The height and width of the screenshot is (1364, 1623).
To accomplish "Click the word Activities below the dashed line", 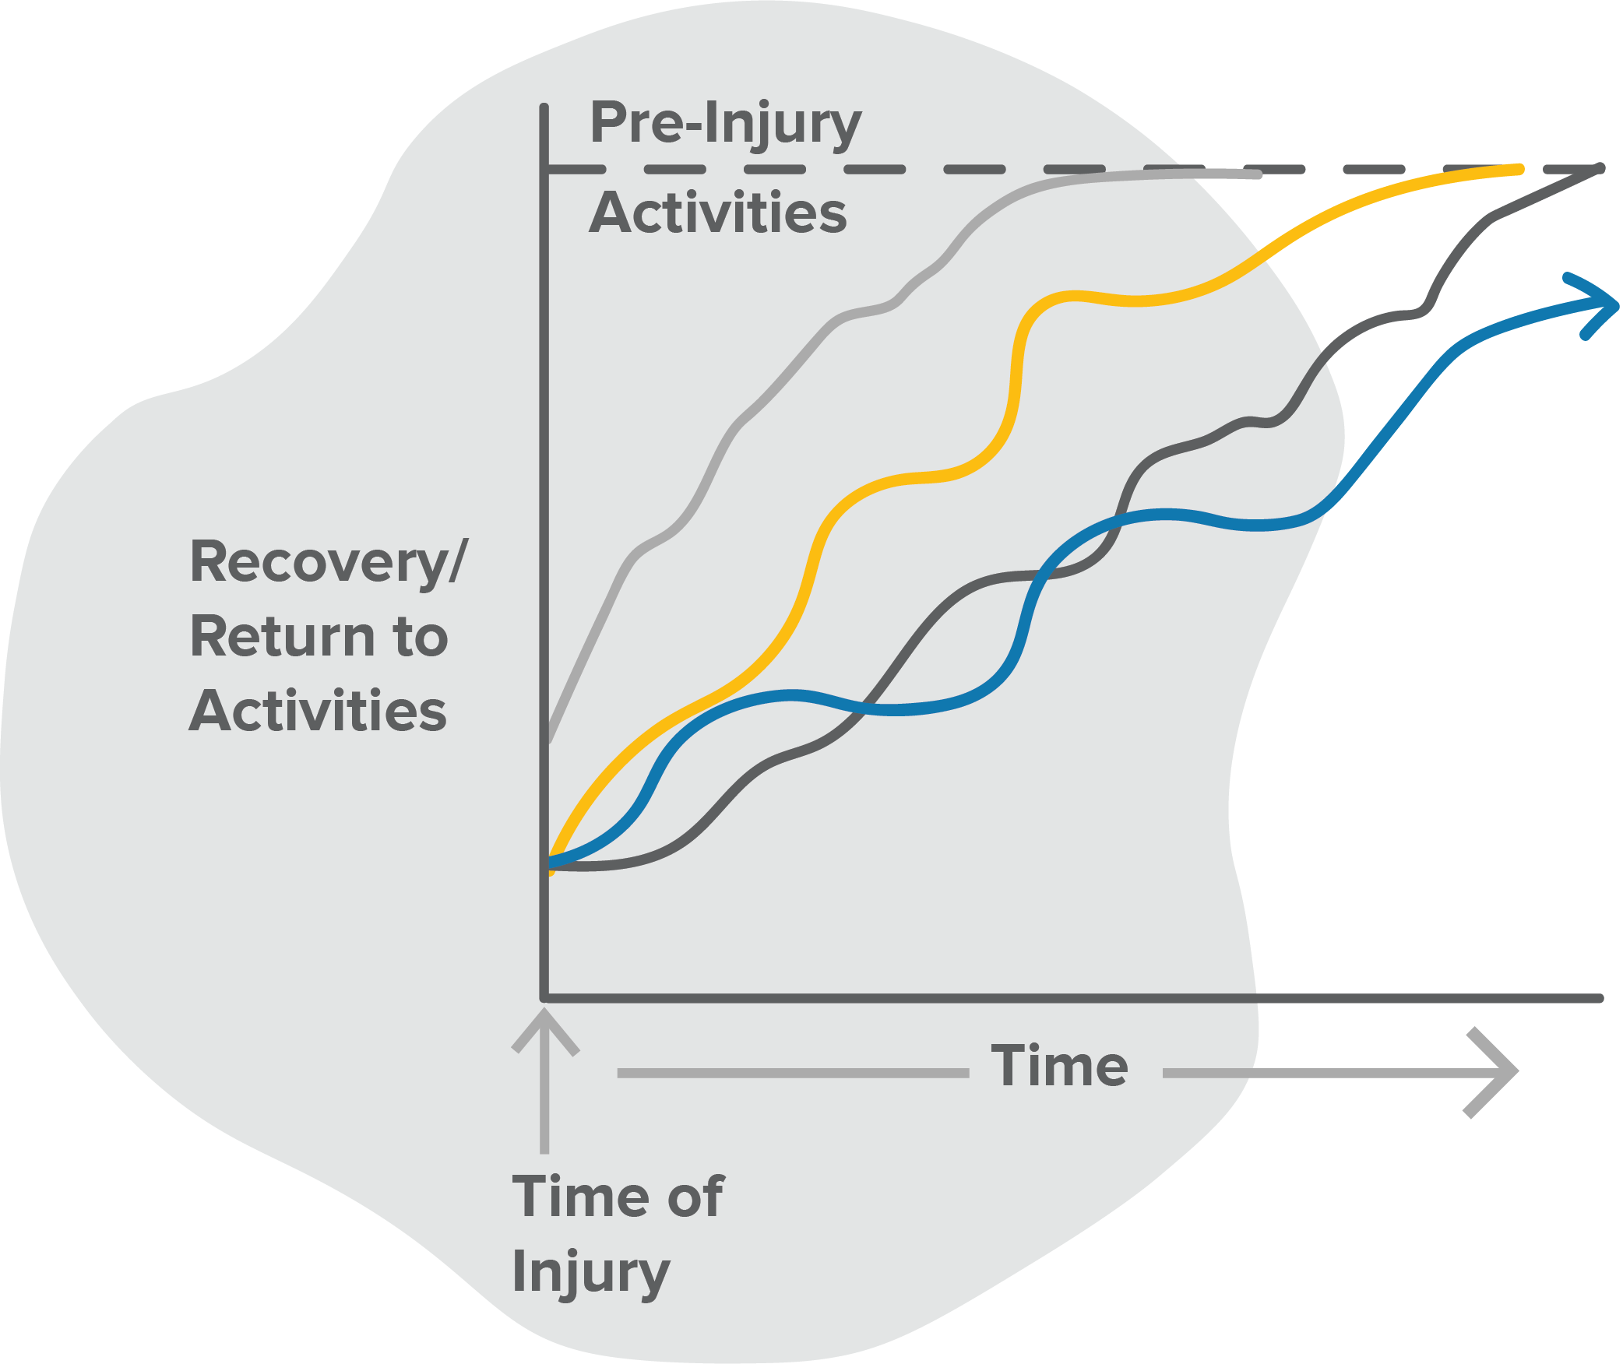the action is coord(718,212).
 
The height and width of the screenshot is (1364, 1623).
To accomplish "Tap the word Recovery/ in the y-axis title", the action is coord(329,562).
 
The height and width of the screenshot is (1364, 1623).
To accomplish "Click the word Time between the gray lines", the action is coord(1059,1066).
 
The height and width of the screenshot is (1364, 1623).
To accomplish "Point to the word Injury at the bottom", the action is coord(591,1273).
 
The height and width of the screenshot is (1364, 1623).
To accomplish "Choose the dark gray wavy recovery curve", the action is coord(1036,576).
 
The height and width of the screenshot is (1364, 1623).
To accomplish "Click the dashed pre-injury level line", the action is coord(1075,169).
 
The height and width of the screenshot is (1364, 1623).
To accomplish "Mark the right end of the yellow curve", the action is coord(1519,169).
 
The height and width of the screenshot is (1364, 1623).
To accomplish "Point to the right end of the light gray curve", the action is coord(1259,174).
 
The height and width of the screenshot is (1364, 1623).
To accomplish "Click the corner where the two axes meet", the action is coord(544,997).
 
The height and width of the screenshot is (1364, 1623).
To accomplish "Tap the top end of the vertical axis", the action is coord(544,107).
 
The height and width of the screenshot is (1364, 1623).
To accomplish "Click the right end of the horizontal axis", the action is coord(1600,998).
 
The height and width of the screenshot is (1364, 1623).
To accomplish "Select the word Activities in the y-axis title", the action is coord(319,711).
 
